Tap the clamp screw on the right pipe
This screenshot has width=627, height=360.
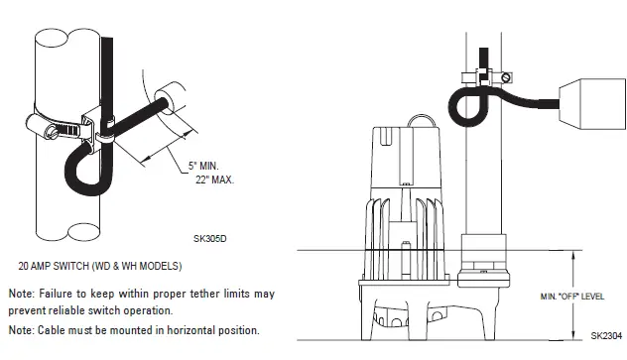pos(506,77)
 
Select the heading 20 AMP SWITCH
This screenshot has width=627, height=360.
pos(62,267)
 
